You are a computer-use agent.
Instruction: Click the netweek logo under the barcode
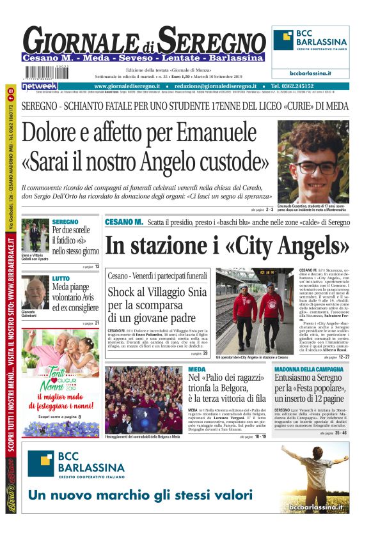pyautogui.click(x=40, y=86)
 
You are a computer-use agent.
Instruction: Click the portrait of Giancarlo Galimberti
pyautogui.click(x=35, y=294)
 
